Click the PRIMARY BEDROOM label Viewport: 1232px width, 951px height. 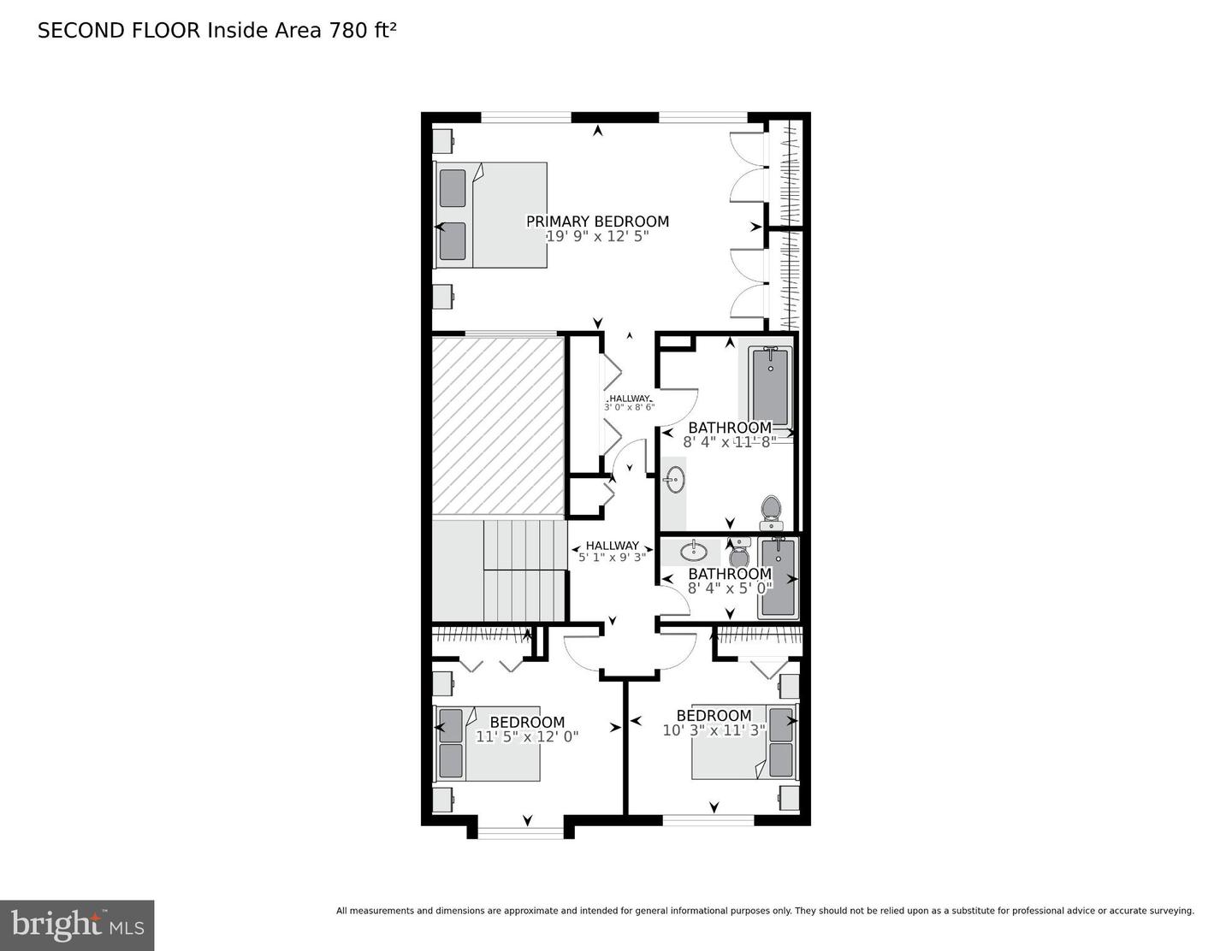(x=597, y=221)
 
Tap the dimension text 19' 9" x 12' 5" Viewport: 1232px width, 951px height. (x=597, y=236)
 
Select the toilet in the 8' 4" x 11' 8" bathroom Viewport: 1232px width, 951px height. (x=770, y=512)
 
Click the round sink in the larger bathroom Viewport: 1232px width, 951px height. (x=675, y=480)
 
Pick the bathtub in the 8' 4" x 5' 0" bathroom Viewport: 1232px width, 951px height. (x=779, y=577)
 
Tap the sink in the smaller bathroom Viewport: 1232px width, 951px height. (x=693, y=549)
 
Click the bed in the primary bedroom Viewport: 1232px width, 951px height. (x=490, y=215)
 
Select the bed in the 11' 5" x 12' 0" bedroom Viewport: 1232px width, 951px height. (x=487, y=743)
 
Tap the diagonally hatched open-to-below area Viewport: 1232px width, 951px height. (x=498, y=425)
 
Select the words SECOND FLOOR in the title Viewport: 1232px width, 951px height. (x=119, y=31)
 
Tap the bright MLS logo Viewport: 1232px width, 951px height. (x=77, y=925)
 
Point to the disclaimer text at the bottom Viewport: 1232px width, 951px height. (x=766, y=911)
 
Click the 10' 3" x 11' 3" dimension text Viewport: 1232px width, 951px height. (x=714, y=730)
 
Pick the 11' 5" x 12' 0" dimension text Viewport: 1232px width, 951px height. (x=527, y=737)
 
